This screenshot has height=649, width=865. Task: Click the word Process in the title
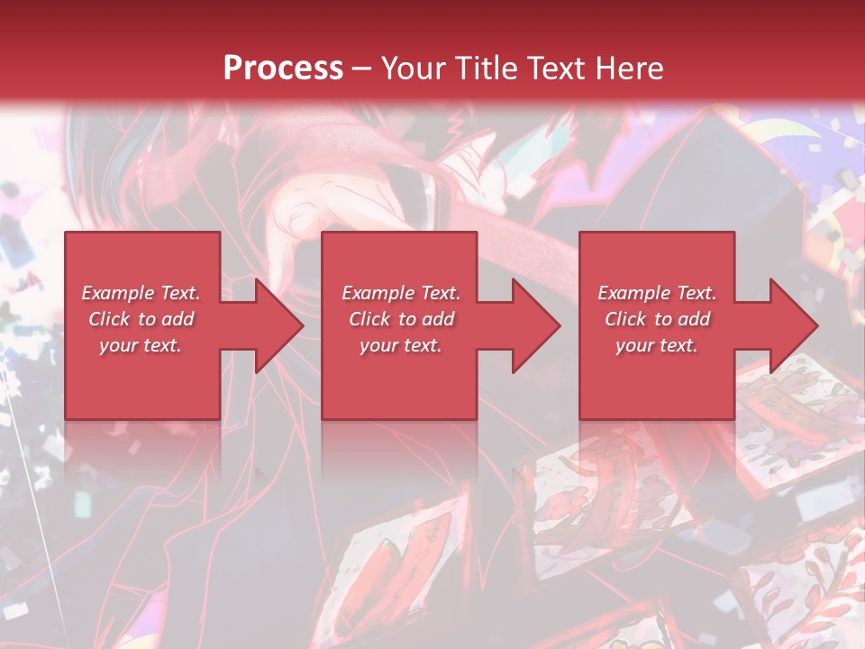pos(283,69)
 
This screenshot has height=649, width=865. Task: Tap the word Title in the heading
pos(484,69)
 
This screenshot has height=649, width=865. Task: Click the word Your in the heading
pos(413,69)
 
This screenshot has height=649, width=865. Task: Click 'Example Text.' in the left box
pos(141,293)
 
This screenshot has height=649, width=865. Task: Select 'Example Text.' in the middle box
pos(401,293)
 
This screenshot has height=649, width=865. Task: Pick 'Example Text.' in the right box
pos(657,293)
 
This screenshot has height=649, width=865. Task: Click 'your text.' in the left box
pos(141,345)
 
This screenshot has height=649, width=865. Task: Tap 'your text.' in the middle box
pos(401,345)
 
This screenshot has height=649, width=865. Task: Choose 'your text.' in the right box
pos(657,345)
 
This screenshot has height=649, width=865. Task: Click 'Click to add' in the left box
pos(141,319)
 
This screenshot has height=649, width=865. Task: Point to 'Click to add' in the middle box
pos(401,319)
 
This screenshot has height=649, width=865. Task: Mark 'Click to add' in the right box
pos(657,319)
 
